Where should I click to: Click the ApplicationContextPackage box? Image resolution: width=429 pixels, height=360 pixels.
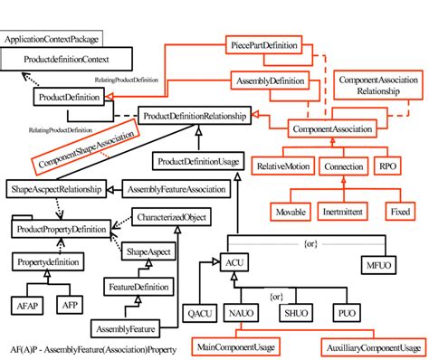(52, 40)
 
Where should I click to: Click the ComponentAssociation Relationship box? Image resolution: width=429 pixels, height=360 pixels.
(378, 86)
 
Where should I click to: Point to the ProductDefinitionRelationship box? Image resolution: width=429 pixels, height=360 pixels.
(195, 118)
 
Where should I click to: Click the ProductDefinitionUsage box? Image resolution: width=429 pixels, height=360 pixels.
(197, 161)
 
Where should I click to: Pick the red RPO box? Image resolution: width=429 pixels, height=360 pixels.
(386, 167)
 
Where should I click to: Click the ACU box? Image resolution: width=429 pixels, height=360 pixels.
(231, 263)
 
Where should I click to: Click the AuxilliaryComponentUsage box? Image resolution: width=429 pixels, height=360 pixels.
(368, 346)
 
